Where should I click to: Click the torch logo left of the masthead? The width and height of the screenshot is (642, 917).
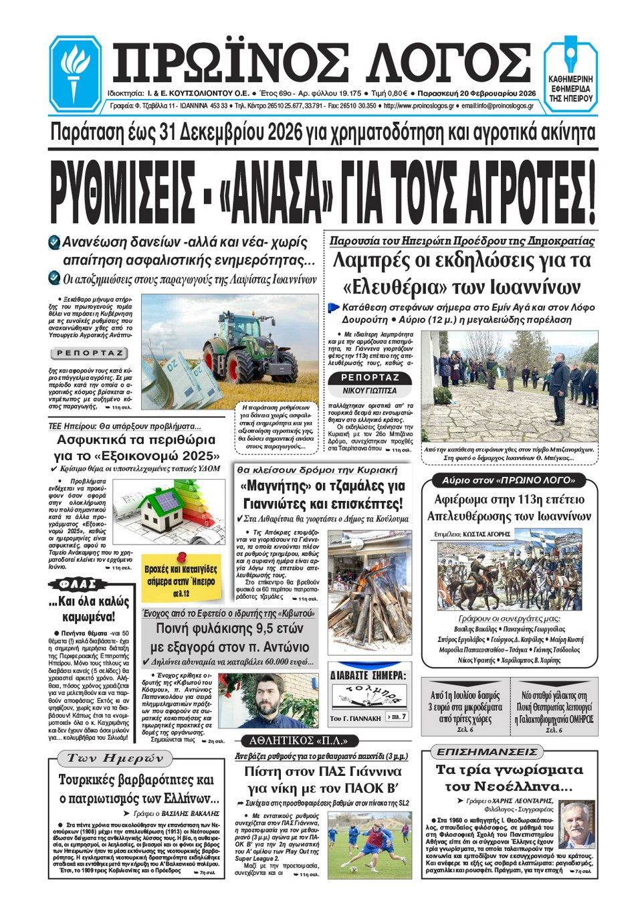(x=74, y=73)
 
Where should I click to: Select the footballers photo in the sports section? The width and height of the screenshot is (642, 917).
(x=369, y=845)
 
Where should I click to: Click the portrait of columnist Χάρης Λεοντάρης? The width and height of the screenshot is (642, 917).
(x=576, y=825)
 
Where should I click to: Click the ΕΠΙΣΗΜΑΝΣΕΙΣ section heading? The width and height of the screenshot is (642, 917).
(x=487, y=752)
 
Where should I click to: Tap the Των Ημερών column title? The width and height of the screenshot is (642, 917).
(x=115, y=758)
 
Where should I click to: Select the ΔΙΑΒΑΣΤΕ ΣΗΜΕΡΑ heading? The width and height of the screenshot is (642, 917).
(x=368, y=676)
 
